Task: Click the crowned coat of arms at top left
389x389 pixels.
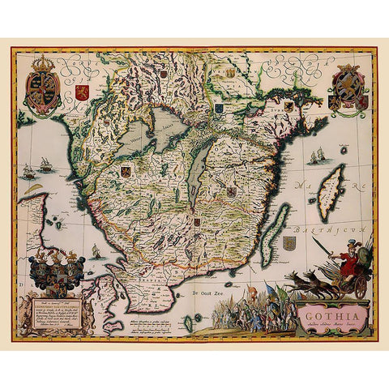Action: [x=43, y=86]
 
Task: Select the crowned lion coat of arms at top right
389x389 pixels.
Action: [x=348, y=88]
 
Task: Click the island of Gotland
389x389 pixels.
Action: [x=331, y=191]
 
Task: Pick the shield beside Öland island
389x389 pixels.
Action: [x=290, y=243]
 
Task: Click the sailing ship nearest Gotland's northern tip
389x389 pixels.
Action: [x=314, y=154]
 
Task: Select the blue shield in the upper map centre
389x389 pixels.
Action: [x=219, y=106]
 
